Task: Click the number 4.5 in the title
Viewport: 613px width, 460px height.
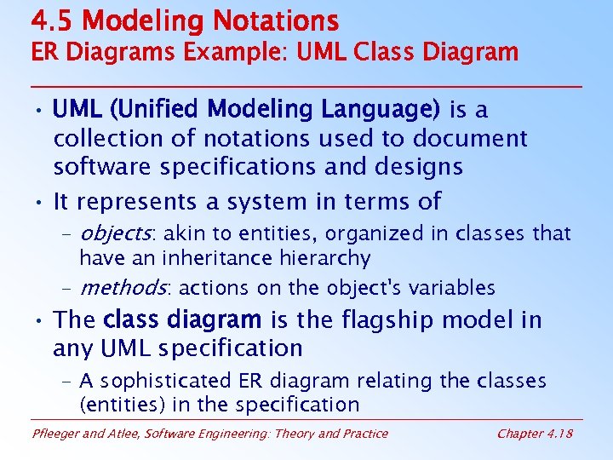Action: click(x=52, y=20)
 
